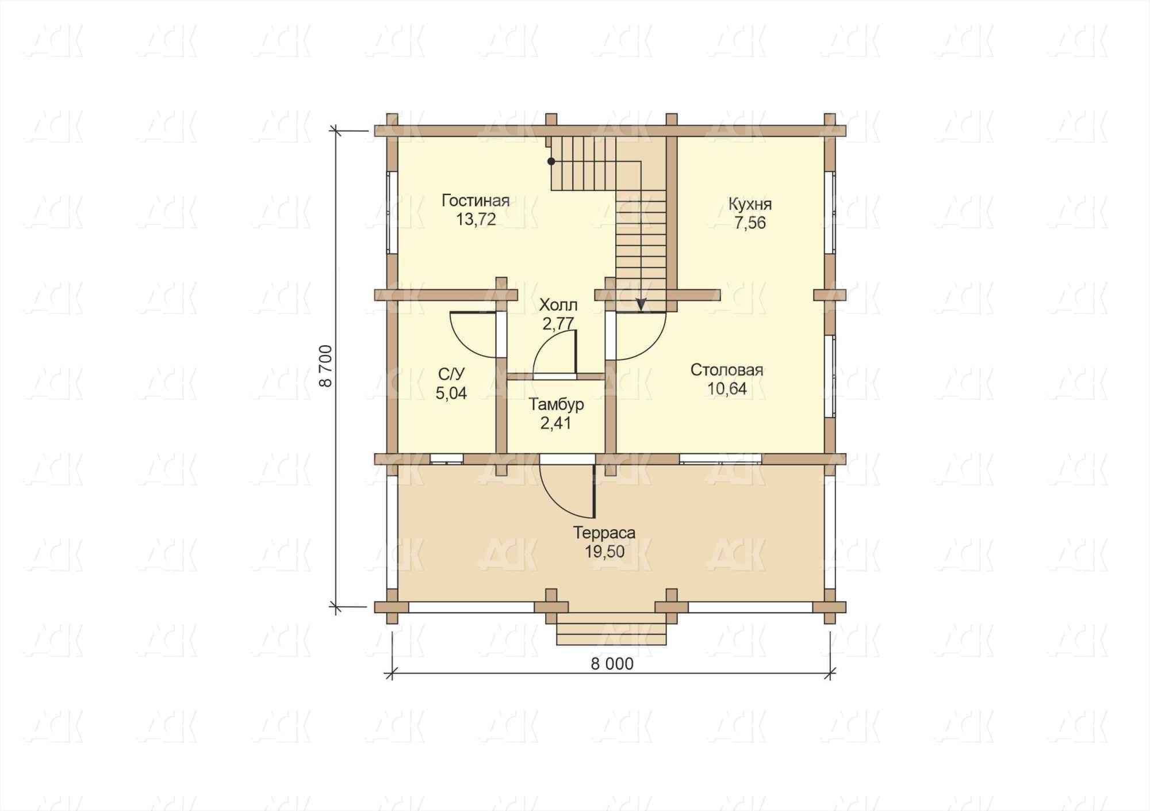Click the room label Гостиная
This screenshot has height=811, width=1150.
pos(476,201)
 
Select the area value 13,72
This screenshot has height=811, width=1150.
pos(476,220)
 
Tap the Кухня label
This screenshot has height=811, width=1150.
pos(750,204)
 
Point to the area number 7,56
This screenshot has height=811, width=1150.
pos(750,223)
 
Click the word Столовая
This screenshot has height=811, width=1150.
pos(727,370)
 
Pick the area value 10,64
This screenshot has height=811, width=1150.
pos(727,389)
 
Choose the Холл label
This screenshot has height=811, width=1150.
pos(558,305)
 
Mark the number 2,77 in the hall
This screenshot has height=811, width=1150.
pos(558,324)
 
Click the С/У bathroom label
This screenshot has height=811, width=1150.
pos(451,374)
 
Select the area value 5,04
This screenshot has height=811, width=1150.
pos(451,393)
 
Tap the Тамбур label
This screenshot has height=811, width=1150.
pos(557,404)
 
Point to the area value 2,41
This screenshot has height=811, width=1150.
pos(557,423)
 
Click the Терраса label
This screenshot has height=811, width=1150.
pos(604,533)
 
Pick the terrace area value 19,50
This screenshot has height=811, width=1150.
pos(604,552)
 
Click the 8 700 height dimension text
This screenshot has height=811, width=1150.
pos(326,366)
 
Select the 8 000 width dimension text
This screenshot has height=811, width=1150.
pos(612,664)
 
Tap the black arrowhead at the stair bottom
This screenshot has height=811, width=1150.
pos(641,305)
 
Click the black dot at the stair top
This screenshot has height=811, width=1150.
pos(551,162)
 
